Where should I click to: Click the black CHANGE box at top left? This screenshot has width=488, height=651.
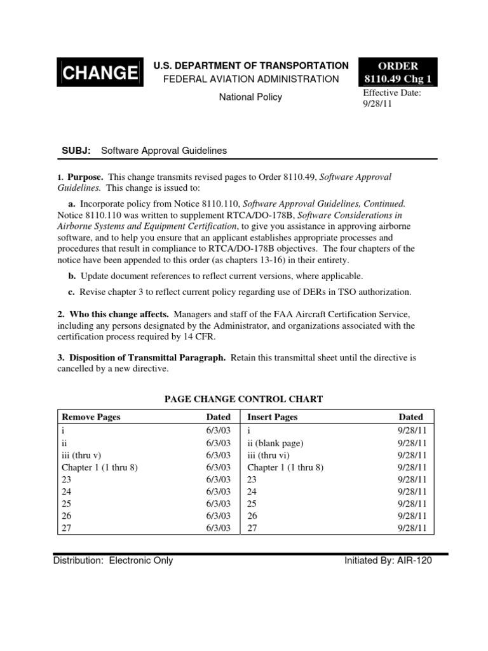[x=98, y=72]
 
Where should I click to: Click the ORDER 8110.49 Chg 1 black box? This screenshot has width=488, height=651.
[x=398, y=72]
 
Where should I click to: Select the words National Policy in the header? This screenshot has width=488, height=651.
[x=250, y=97]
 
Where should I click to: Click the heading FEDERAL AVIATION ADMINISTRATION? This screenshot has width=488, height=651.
[x=248, y=79]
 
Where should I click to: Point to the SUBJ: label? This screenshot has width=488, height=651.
[x=76, y=151]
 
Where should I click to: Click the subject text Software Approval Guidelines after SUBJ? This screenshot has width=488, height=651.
[x=169, y=151]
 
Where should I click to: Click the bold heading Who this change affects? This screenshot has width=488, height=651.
[x=118, y=314]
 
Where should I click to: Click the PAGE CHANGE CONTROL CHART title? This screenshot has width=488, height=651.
[x=244, y=399]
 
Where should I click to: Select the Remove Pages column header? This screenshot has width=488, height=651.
[x=90, y=417]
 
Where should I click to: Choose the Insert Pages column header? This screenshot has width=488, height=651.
[x=272, y=417]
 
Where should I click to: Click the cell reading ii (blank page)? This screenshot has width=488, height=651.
[x=276, y=443]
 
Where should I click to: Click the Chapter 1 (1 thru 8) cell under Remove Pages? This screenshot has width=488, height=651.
[x=99, y=467]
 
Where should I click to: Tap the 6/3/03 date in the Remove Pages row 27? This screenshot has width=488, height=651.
[x=218, y=528]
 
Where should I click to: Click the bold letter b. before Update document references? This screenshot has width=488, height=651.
[x=72, y=276]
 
